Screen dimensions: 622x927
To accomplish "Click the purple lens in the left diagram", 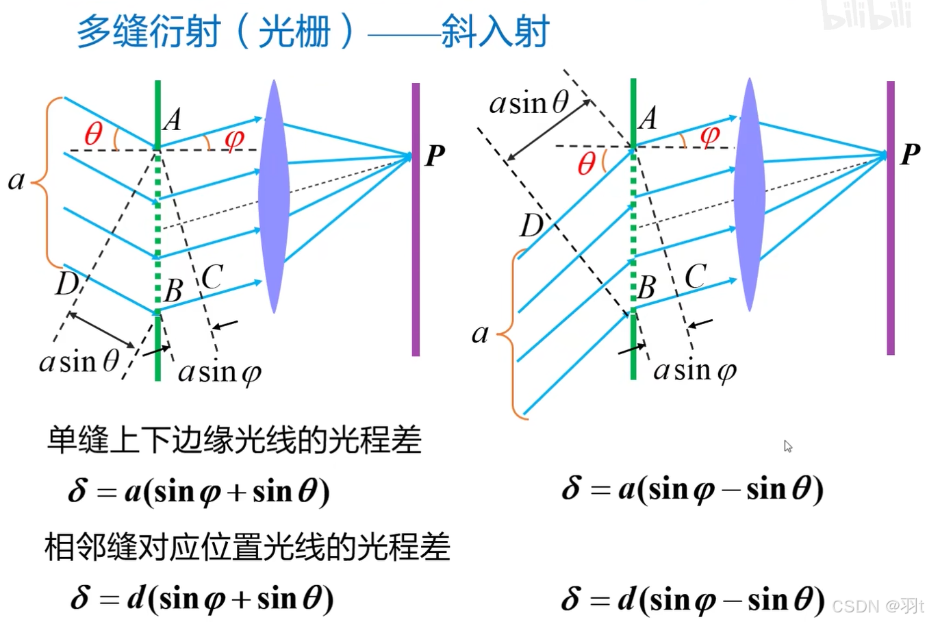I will pyautogui.click(x=274, y=197).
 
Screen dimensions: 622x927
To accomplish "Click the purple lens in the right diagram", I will pyautogui.click(x=749, y=195).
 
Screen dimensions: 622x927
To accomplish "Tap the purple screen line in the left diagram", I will pyautogui.click(x=416, y=219).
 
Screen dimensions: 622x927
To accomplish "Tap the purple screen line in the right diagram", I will pyautogui.click(x=890, y=218).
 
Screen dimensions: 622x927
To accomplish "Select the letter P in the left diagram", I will pyautogui.click(x=435, y=156).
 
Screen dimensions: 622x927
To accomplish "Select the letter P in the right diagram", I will pyautogui.click(x=910, y=154).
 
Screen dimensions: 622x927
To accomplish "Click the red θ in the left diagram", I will pyautogui.click(x=93, y=133).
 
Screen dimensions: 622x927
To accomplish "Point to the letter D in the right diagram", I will pyautogui.click(x=531, y=225).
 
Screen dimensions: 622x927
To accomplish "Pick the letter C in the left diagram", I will pyautogui.click(x=212, y=277).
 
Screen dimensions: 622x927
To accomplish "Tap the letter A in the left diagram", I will pyautogui.click(x=172, y=120).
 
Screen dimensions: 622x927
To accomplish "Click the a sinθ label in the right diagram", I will pyautogui.click(x=529, y=103).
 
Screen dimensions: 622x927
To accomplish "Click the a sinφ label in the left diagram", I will pyautogui.click(x=219, y=372).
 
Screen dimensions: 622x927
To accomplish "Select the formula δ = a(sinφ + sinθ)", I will pyautogui.click(x=199, y=492).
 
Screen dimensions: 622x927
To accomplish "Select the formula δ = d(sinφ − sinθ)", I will pyautogui.click(x=692, y=599).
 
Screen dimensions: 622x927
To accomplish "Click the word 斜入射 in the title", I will pyautogui.click(x=495, y=32).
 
